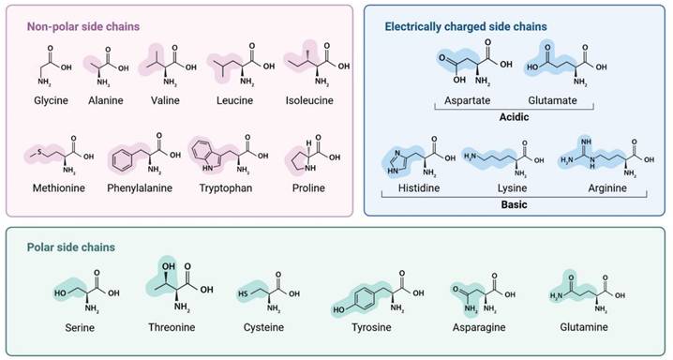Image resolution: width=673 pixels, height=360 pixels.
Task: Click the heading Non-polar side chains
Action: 83,26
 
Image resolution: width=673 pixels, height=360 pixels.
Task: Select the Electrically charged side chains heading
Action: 466,26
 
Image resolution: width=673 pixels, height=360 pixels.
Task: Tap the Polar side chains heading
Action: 71,247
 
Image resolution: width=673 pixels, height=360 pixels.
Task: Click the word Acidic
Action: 514,116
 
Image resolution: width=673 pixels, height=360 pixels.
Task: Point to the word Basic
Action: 514,204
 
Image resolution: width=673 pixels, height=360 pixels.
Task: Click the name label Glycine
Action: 51,101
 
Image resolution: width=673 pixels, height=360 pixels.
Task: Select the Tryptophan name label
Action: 226,188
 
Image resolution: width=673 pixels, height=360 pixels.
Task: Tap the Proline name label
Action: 308,187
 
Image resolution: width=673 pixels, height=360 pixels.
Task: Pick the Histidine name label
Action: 419,187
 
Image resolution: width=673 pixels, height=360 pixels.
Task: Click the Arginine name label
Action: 607,188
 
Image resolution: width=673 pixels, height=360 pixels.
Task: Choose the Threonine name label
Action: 172,327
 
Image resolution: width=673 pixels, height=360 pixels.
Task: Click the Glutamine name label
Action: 584,327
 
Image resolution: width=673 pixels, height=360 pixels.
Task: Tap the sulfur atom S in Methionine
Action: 39,152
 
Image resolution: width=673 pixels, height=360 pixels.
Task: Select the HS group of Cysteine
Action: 244,294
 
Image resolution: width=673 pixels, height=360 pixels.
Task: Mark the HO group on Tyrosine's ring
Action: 338,309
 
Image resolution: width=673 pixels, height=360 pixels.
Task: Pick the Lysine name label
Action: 512,188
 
